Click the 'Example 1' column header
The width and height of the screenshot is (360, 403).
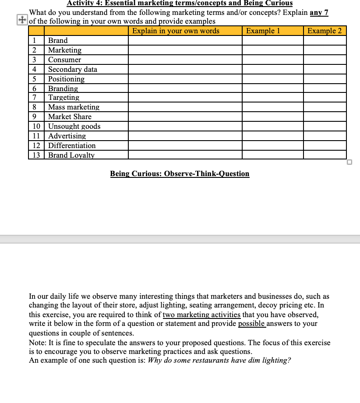(263, 31)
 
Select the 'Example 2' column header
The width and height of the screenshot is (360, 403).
(325, 31)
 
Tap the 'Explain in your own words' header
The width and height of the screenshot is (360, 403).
(176, 31)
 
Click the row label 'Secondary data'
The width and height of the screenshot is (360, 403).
(73, 69)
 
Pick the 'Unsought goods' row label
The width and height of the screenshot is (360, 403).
(74, 126)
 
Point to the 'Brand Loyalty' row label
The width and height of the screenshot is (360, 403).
(71, 155)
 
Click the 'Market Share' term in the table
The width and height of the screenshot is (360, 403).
(70, 117)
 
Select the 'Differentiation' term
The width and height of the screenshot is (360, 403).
(72, 145)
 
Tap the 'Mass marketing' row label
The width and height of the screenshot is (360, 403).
(74, 107)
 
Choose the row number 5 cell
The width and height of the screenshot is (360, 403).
(34, 79)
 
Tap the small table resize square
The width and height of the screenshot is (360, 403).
(349, 162)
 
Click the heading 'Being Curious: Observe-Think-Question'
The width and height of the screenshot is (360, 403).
(180, 173)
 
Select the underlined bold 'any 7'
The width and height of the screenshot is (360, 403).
(319, 12)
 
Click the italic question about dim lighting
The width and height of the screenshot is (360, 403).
(219, 360)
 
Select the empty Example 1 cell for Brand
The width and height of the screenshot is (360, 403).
(272, 40)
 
